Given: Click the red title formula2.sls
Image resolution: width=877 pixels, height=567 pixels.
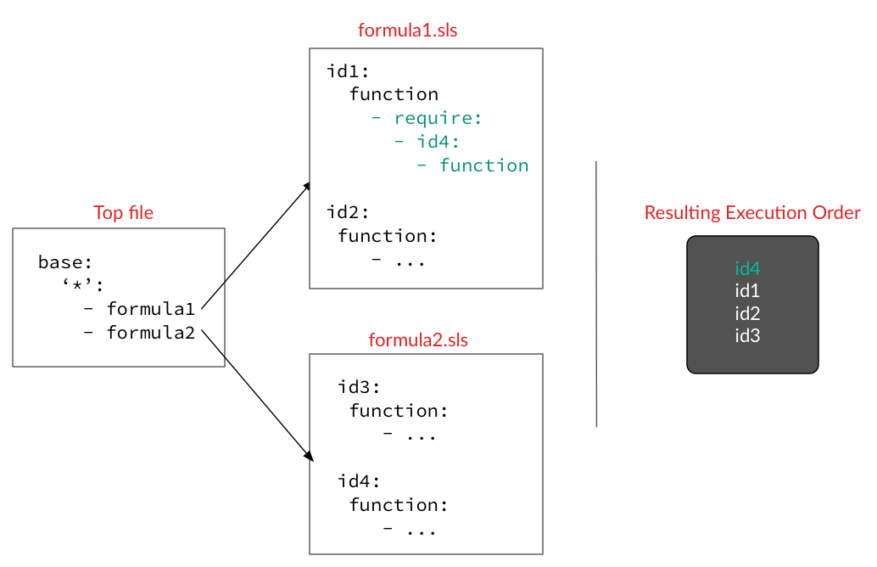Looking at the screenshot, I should coord(418,340).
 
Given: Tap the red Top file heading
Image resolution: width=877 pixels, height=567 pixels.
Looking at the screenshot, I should coord(124,212).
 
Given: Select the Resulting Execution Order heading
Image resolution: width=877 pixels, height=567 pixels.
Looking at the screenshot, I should coord(752,212).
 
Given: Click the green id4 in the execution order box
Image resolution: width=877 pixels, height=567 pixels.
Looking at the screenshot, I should coord(747,269).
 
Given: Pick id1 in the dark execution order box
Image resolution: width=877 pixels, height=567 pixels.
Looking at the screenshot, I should coord(747,291).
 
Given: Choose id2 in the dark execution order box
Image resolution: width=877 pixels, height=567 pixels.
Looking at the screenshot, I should coord(747,313).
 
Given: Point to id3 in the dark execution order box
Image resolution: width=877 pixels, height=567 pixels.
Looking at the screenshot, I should coord(747,335).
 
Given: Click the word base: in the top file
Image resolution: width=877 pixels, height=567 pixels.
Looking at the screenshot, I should coord(65,263).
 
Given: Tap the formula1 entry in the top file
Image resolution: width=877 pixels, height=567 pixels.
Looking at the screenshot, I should coord(150,309).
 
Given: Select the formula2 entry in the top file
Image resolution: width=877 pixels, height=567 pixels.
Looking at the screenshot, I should coord(150,333).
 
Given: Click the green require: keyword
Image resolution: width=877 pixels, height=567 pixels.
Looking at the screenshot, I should coord(438,118).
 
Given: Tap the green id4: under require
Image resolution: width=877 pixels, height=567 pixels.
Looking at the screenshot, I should coord(438,142).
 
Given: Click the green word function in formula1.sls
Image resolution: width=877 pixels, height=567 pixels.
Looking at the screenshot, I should coord(483,166).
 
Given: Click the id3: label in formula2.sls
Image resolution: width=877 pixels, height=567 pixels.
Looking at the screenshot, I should coord(360,387).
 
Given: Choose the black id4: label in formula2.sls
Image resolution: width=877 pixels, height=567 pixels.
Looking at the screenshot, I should coord(360,481).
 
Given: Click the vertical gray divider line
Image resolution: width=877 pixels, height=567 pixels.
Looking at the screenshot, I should coord(596,293).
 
